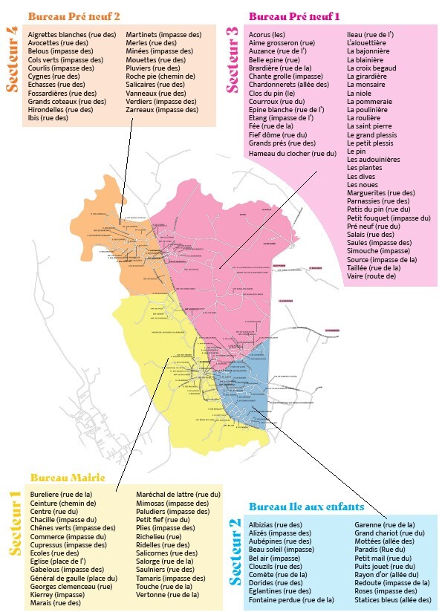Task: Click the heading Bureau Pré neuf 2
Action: (x=74, y=15)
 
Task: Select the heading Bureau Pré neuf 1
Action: (x=294, y=15)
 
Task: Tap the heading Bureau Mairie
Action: (x=67, y=477)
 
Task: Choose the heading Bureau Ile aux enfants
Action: (x=306, y=507)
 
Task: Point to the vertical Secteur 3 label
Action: (x=233, y=59)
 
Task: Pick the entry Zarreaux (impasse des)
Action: (x=162, y=109)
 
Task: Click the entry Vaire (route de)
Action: (x=371, y=276)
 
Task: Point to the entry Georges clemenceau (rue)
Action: (x=71, y=586)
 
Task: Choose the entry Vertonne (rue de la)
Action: (x=169, y=594)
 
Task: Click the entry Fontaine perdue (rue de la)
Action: (x=291, y=599)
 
